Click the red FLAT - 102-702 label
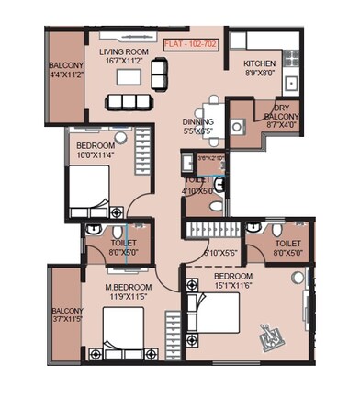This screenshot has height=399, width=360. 192,42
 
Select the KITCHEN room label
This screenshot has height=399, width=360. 259,63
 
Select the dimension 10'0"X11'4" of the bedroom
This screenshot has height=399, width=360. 95,155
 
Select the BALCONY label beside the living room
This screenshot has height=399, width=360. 65,65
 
